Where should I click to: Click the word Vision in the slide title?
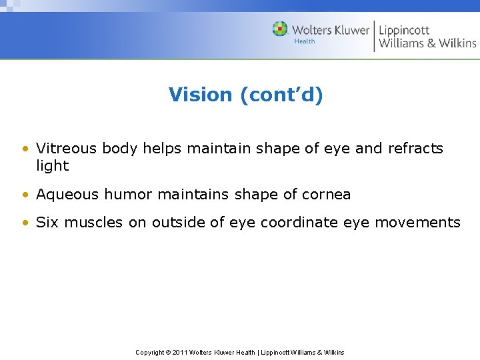(x=201, y=95)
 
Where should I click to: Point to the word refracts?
(x=415, y=148)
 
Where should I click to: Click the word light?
(x=52, y=165)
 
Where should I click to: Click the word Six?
(x=47, y=222)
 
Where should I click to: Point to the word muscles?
(x=92, y=222)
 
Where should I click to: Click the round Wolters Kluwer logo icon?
(x=280, y=29)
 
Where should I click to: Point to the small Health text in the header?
(x=305, y=41)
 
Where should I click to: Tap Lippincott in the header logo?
(x=404, y=30)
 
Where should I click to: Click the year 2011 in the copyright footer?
(x=180, y=352)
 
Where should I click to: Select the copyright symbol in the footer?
(x=167, y=352)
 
